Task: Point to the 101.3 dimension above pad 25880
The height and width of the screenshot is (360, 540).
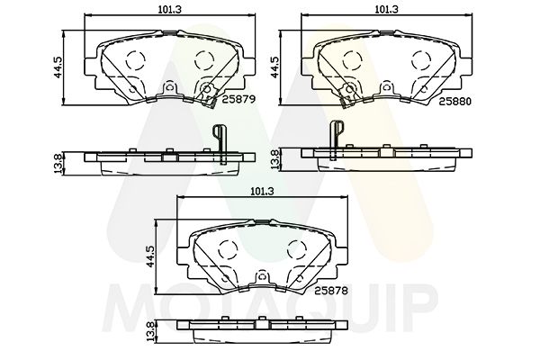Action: click(387, 9)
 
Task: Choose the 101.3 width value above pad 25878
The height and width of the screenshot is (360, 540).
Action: click(262, 191)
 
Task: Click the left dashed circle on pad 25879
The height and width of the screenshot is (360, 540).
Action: click(135, 62)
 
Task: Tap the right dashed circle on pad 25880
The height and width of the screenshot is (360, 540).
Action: click(419, 61)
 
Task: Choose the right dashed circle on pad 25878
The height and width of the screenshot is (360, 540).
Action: click(294, 249)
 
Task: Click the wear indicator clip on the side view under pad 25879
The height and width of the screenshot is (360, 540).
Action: click(219, 139)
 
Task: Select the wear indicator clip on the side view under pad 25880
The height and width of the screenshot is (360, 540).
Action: click(337, 135)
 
